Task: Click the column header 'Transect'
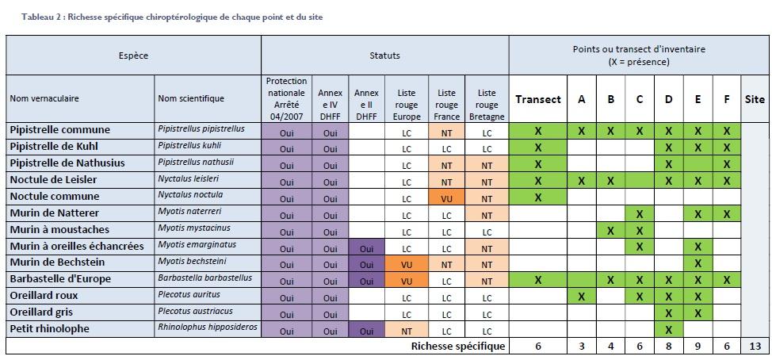[x=538, y=99]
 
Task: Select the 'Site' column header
[x=755, y=99]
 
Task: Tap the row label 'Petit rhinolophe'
[x=49, y=329]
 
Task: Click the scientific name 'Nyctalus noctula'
[x=189, y=195]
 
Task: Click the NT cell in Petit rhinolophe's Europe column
[x=407, y=330]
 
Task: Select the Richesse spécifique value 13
[x=755, y=347]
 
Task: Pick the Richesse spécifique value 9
[x=697, y=347]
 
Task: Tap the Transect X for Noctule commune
[x=538, y=197]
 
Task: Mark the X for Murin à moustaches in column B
[x=610, y=230]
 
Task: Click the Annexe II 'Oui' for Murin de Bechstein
[x=366, y=263]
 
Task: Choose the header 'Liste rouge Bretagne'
[x=487, y=99]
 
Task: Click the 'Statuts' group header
[x=384, y=56]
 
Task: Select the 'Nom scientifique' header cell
[x=191, y=99]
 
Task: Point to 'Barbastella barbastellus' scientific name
[x=204, y=278]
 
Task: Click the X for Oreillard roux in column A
[x=582, y=297]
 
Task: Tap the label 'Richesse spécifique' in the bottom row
[x=457, y=347]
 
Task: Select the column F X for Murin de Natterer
[x=726, y=213]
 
